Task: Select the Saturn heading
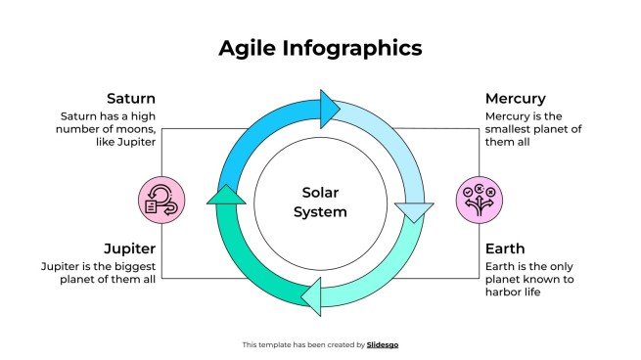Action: tap(131, 99)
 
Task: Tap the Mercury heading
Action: tap(515, 99)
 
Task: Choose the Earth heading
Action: tap(505, 248)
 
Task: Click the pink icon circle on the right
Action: tap(480, 199)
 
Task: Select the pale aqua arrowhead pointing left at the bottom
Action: tap(312, 294)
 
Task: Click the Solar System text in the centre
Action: tap(320, 202)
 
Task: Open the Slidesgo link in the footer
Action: tap(383, 344)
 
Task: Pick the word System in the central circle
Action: tap(320, 211)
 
